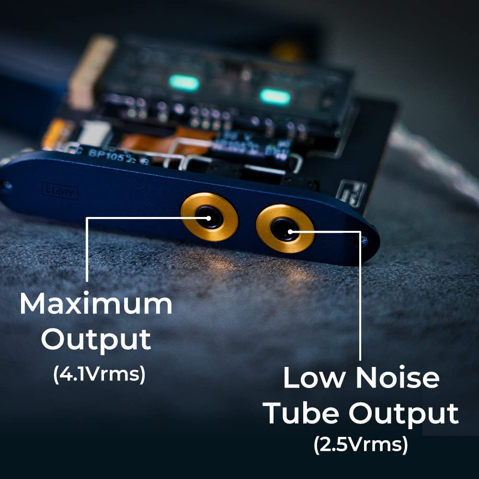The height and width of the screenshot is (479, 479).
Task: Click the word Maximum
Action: tap(96, 304)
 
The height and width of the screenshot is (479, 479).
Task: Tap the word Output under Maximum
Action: tap(96, 339)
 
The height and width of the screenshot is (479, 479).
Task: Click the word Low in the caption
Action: tap(313, 378)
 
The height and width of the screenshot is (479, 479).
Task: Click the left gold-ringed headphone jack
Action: tap(209, 217)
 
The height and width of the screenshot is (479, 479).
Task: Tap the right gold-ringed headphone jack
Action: tap(285, 229)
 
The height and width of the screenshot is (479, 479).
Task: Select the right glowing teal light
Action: tap(275, 97)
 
